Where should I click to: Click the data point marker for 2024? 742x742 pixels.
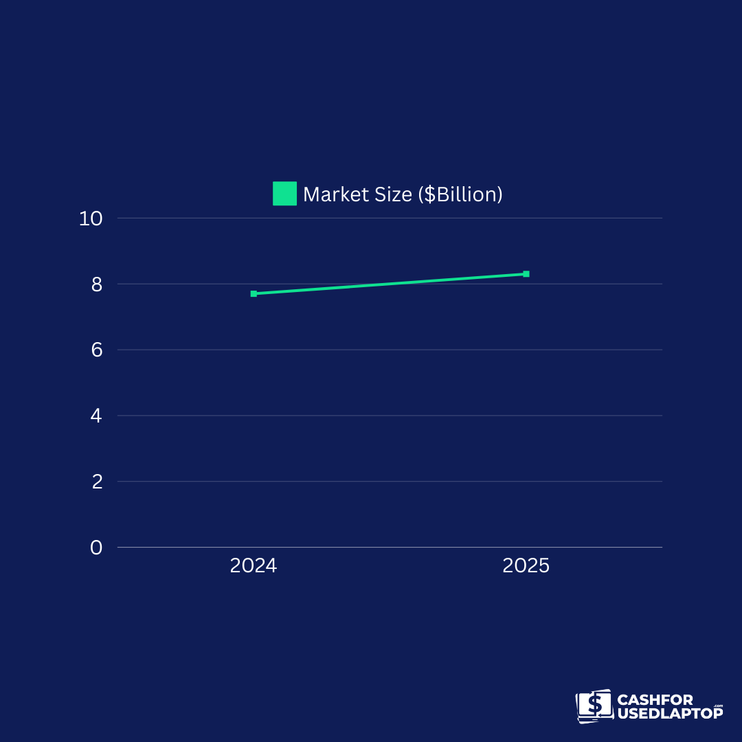tap(254, 293)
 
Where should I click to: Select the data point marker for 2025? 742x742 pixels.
tap(526, 274)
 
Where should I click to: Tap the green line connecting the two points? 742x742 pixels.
tap(390, 284)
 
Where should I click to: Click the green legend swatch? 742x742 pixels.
tap(284, 194)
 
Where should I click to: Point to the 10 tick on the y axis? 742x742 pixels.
tap(91, 218)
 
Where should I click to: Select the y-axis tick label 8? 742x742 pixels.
tap(96, 284)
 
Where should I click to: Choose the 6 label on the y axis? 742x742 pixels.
tap(96, 350)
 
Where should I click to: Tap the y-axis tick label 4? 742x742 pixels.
tap(96, 416)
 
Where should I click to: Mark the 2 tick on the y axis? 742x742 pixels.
tap(96, 482)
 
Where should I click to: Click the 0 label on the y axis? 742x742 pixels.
tap(96, 548)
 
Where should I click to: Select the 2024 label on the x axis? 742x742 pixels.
tap(254, 566)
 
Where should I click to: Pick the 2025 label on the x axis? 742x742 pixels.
tap(526, 566)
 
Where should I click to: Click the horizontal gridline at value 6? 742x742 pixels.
tap(390, 350)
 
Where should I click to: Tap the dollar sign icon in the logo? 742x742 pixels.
tap(595, 705)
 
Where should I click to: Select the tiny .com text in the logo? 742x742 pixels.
tap(719, 706)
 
